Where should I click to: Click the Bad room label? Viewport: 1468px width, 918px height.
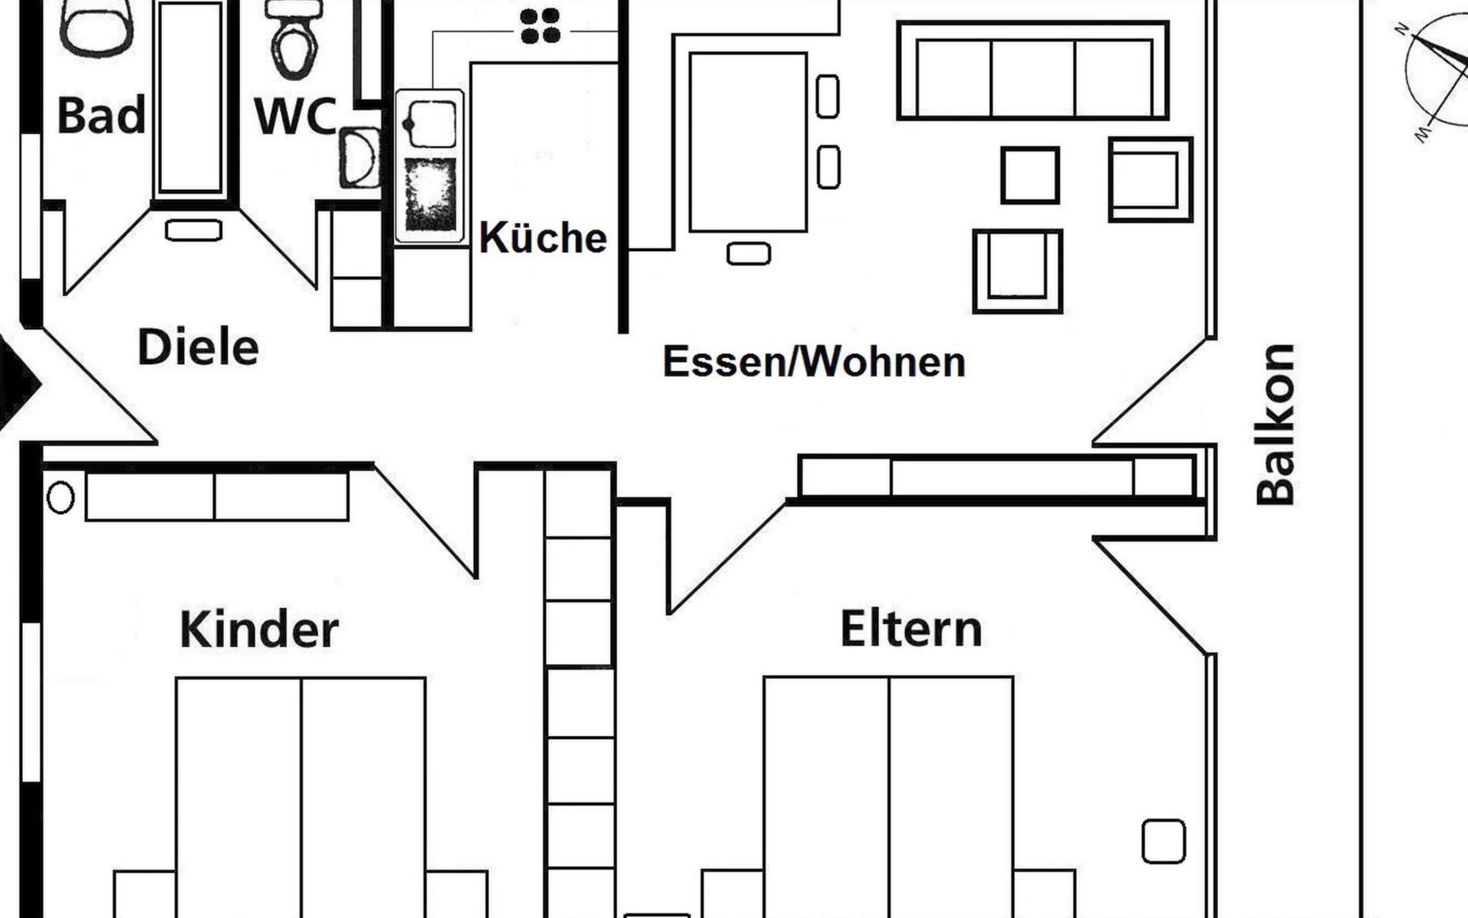pyautogui.click(x=101, y=116)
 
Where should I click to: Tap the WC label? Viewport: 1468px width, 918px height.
pyautogui.click(x=295, y=117)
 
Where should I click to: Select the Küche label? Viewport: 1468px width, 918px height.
pyautogui.click(x=543, y=238)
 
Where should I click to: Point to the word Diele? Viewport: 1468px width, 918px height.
pyautogui.click(x=198, y=347)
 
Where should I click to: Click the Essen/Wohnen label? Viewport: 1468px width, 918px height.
pyautogui.click(x=814, y=362)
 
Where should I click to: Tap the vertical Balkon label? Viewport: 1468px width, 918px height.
pyautogui.click(x=1276, y=425)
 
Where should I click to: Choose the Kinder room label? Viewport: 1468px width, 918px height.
pyautogui.click(x=259, y=630)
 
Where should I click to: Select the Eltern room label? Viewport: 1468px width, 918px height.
pyautogui.click(x=911, y=629)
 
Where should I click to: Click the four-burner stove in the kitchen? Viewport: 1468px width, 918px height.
pyautogui.click(x=540, y=26)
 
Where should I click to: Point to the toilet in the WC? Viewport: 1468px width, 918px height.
pyautogui.click(x=294, y=42)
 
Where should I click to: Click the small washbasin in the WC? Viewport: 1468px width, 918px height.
pyautogui.click(x=359, y=158)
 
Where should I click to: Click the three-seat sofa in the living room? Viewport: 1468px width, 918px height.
pyautogui.click(x=1033, y=70)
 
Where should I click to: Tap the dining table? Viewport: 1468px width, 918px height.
pyautogui.click(x=748, y=142)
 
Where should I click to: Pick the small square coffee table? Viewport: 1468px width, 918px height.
pyautogui.click(x=1030, y=175)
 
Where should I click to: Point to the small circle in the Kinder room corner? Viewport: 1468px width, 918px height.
pyautogui.click(x=60, y=498)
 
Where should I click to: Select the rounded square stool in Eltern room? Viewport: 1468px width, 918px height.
pyautogui.click(x=1163, y=841)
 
